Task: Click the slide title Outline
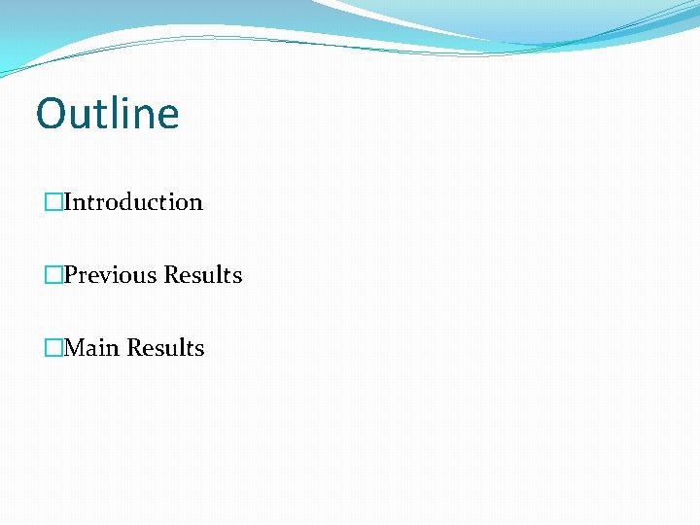pyautogui.click(x=107, y=114)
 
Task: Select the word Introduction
pyautogui.click(x=133, y=202)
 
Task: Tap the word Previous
pyautogui.click(x=110, y=275)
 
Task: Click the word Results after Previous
pyautogui.click(x=202, y=275)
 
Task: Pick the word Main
pyautogui.click(x=91, y=348)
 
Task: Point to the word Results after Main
pyautogui.click(x=165, y=348)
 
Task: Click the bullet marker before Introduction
pyautogui.click(x=53, y=202)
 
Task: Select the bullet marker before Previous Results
pyautogui.click(x=53, y=275)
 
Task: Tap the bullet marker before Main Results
pyautogui.click(x=53, y=348)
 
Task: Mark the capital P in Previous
pyautogui.click(x=70, y=275)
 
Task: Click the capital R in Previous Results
pyautogui.click(x=171, y=275)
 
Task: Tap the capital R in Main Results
pyautogui.click(x=134, y=348)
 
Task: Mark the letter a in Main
pyautogui.click(x=95, y=350)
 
